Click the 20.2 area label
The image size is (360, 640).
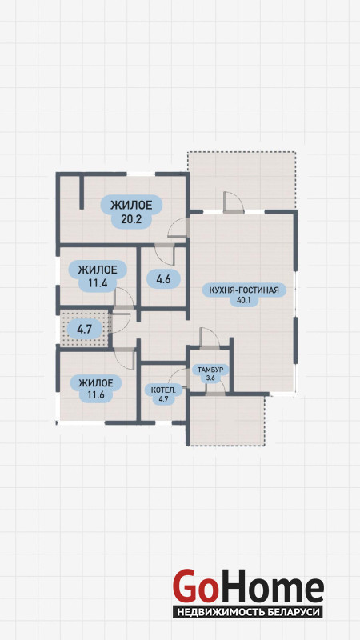[x=131, y=220]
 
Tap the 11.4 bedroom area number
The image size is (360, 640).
[x=97, y=282]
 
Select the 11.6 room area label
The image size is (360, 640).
[x=96, y=395]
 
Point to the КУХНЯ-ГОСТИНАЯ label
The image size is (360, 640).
[x=244, y=290]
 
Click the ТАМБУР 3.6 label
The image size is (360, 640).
[x=210, y=374]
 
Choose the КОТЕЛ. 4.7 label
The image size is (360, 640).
[x=163, y=394]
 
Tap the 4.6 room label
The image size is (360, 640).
[x=163, y=279]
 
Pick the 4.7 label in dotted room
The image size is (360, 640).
[x=85, y=329]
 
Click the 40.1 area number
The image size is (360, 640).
[x=244, y=302]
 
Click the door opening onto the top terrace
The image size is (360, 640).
[x=234, y=202]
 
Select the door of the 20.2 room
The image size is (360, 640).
[x=178, y=228]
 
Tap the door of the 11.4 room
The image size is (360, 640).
[x=124, y=298]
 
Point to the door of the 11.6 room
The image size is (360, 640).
[x=125, y=358]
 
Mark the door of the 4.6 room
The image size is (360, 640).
[x=165, y=254]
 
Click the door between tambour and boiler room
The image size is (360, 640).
[x=178, y=378]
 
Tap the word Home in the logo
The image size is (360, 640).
[x=270, y=587]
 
